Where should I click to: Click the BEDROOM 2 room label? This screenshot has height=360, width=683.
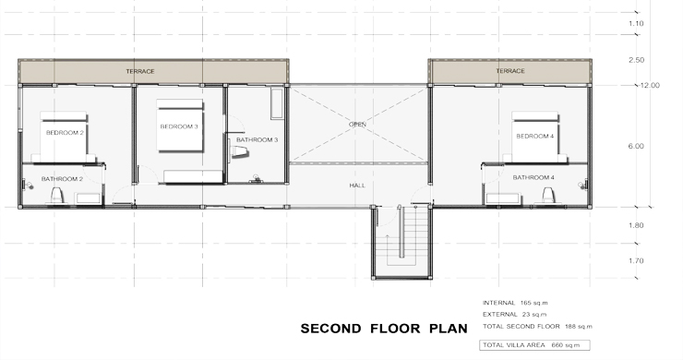pyautogui.click(x=65, y=133)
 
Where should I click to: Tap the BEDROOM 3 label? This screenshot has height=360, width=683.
pyautogui.click(x=179, y=126)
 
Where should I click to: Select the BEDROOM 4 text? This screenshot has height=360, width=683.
pyautogui.click(x=535, y=136)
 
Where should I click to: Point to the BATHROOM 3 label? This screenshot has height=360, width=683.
pyautogui.click(x=257, y=140)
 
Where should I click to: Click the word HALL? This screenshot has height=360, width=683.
pyautogui.click(x=357, y=186)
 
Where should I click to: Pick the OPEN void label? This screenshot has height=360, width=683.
pyautogui.click(x=357, y=125)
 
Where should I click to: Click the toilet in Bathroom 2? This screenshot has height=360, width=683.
pyautogui.click(x=56, y=195)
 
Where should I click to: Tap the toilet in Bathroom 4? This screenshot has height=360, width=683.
pyautogui.click(x=548, y=195)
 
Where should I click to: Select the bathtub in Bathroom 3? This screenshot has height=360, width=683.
pyautogui.click(x=277, y=103)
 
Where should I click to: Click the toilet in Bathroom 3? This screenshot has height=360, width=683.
pyautogui.click(x=239, y=151)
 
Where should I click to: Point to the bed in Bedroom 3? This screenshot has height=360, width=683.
pyautogui.click(x=180, y=126)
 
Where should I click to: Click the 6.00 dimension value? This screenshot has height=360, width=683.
pyautogui.click(x=636, y=147)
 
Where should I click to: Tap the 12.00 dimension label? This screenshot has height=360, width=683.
pyautogui.click(x=649, y=86)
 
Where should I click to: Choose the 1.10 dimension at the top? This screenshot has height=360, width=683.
pyautogui.click(x=636, y=23)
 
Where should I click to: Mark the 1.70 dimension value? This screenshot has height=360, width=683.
pyautogui.click(x=636, y=261)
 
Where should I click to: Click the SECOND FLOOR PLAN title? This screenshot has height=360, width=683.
pyautogui.click(x=384, y=329)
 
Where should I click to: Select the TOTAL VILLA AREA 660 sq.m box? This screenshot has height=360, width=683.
pyautogui.click(x=535, y=345)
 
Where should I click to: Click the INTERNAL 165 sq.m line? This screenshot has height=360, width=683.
pyautogui.click(x=515, y=303)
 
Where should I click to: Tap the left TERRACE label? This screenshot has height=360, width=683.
pyautogui.click(x=140, y=71)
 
